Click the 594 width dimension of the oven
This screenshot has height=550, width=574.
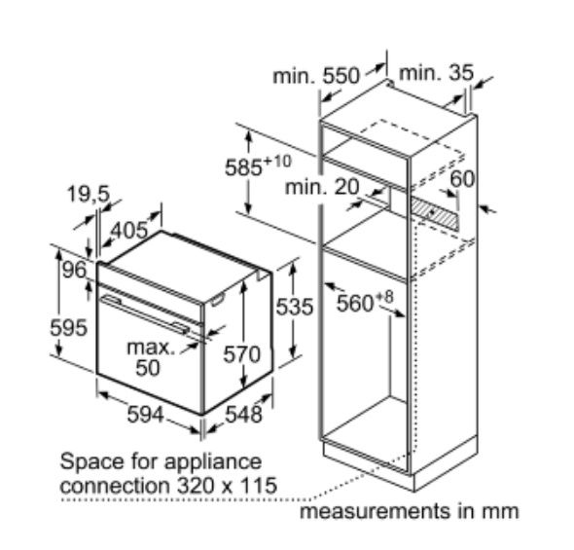(x=145, y=415)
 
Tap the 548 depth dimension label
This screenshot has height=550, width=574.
(x=244, y=414)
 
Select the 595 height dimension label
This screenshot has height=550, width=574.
(x=68, y=327)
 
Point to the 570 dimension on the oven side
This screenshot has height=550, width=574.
(x=241, y=354)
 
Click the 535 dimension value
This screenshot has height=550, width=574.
(x=295, y=306)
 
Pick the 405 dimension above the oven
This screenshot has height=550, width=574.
(x=129, y=231)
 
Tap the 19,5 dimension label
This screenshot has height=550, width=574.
(x=89, y=194)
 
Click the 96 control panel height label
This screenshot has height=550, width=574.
(x=74, y=271)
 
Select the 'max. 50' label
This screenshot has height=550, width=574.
(x=151, y=357)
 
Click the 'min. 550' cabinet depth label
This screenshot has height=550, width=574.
(x=316, y=76)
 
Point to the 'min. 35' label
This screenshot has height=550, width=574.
(x=437, y=72)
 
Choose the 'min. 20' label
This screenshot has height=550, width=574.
(x=322, y=186)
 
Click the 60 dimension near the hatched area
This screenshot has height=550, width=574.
(x=462, y=179)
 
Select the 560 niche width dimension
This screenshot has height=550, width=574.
(x=365, y=301)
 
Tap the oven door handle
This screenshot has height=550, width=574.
(x=145, y=314)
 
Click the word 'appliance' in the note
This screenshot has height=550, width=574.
(x=213, y=462)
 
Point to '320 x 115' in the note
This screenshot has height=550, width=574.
(x=227, y=486)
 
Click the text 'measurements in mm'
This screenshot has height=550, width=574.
(x=410, y=511)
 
